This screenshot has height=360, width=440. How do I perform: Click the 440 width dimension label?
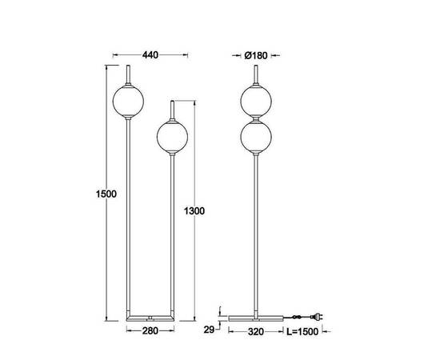(x=150, y=55)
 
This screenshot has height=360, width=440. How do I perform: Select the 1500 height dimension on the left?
(x=106, y=194)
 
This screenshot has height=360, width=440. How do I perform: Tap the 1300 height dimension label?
(x=194, y=210)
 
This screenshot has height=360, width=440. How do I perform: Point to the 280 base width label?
(x=150, y=331)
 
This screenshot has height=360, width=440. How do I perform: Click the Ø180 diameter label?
(x=256, y=55)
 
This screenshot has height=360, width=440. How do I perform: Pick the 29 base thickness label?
(x=209, y=330)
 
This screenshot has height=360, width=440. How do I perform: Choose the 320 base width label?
(x=256, y=332)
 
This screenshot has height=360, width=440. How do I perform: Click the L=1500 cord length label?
(x=302, y=332)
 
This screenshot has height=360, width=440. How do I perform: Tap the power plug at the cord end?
(x=317, y=317)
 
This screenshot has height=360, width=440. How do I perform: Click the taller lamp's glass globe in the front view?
(x=128, y=101)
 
